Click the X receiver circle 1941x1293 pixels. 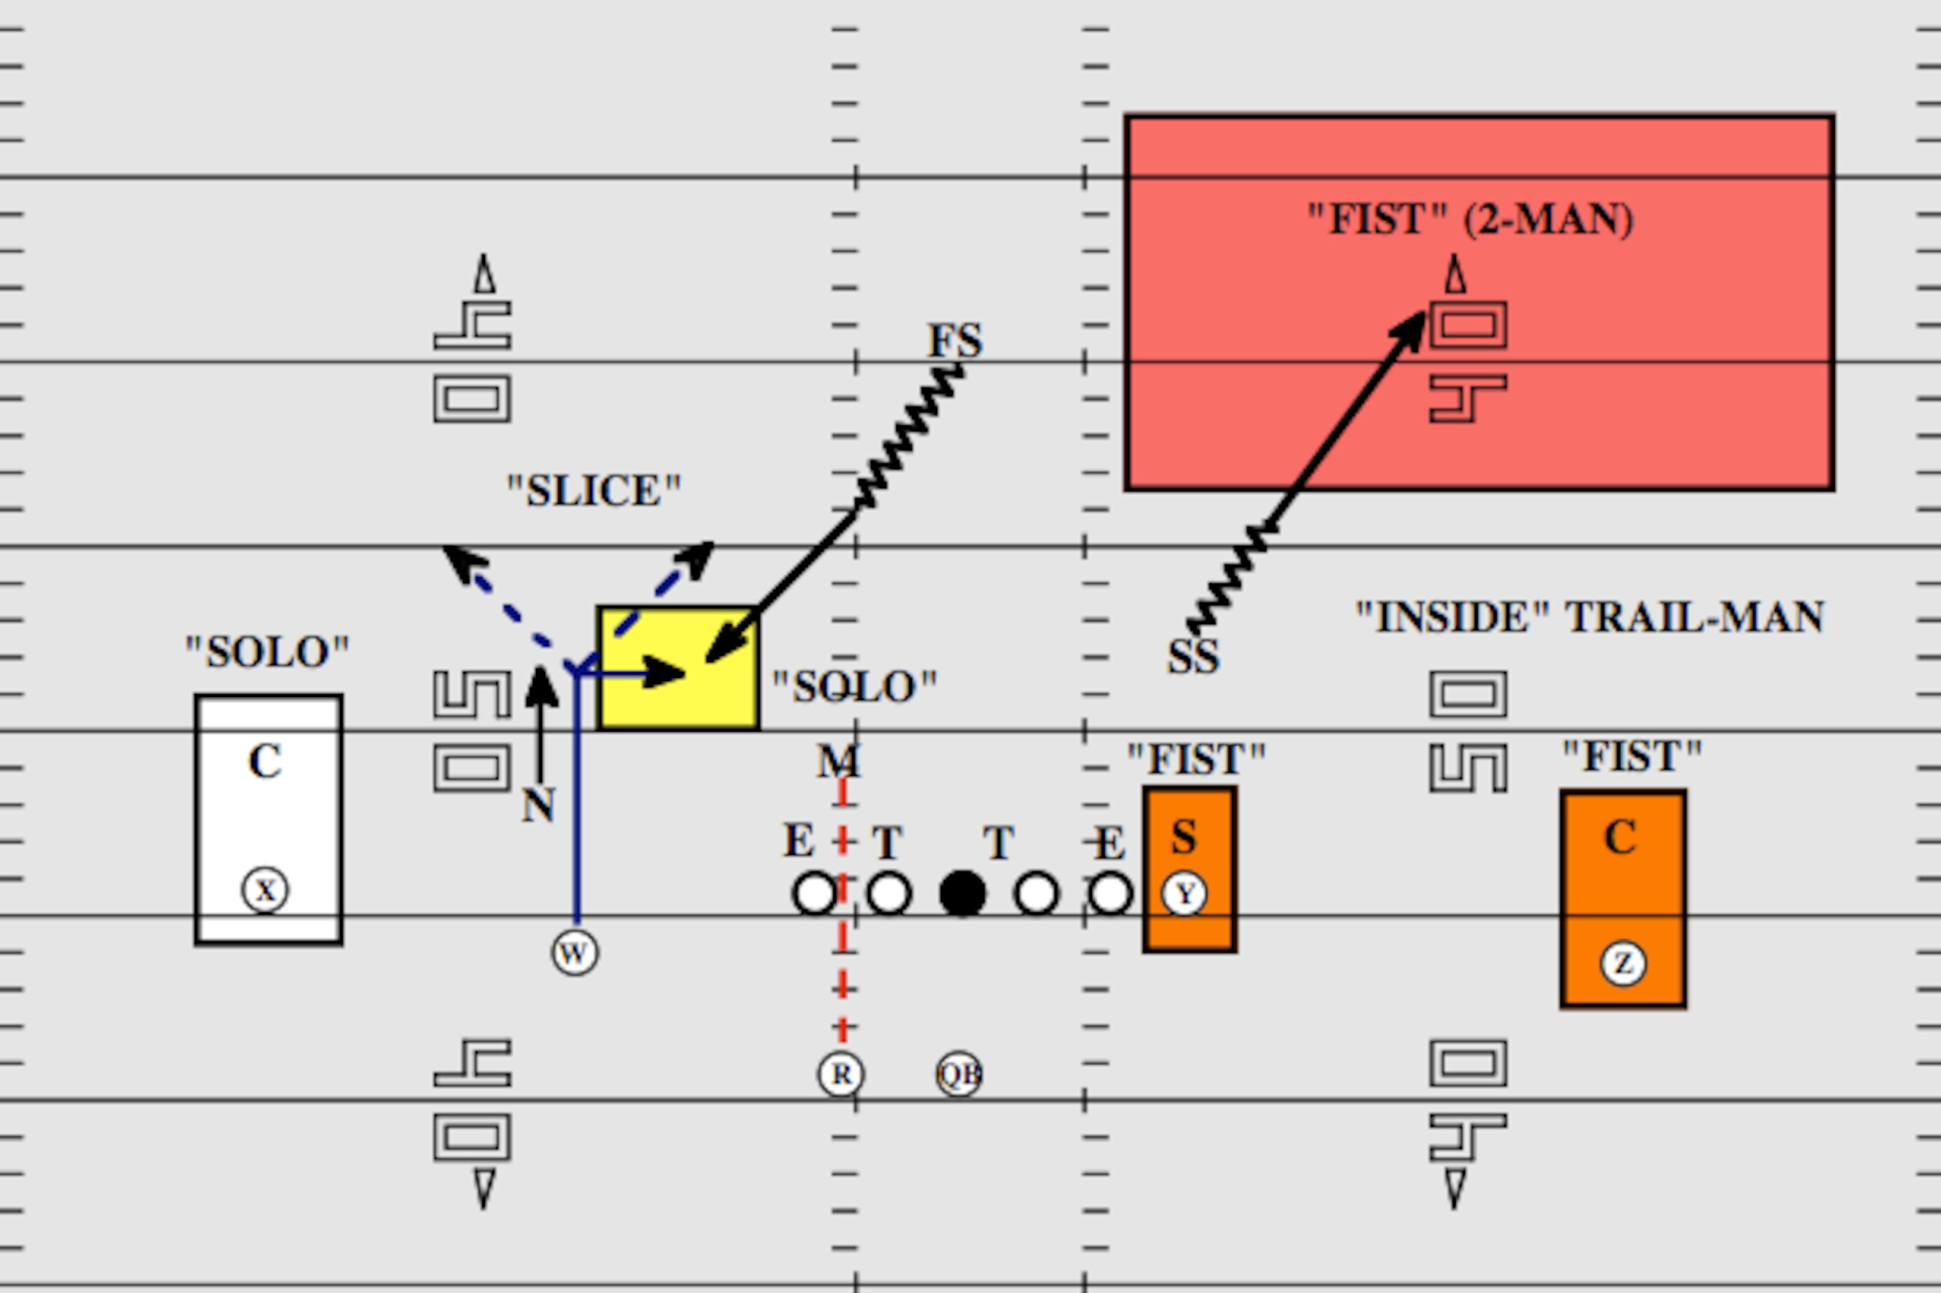tap(265, 890)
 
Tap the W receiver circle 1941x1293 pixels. tap(575, 952)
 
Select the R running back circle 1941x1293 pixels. tap(841, 1074)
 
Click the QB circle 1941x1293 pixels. tap(959, 1074)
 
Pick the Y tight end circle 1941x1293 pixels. tap(1184, 893)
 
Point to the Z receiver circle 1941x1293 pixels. tap(1623, 963)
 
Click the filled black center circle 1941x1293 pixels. tap(963, 893)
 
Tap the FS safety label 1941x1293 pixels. tap(955, 340)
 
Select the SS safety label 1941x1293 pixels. tap(1193, 657)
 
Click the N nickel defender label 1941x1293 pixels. tap(538, 805)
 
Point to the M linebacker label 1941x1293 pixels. tap(839, 761)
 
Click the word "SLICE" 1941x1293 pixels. tap(594, 491)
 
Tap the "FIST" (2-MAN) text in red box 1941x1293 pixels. tap(1470, 219)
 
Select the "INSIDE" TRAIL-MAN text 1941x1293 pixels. tap(1590, 617)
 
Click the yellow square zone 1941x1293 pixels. tap(679, 669)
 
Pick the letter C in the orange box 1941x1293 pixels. tap(1620, 837)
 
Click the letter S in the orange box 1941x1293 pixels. tap(1184, 837)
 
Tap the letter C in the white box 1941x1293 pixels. tap(265, 761)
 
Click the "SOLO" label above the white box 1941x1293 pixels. tap(267, 652)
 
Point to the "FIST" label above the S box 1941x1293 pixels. tap(1196, 758)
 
